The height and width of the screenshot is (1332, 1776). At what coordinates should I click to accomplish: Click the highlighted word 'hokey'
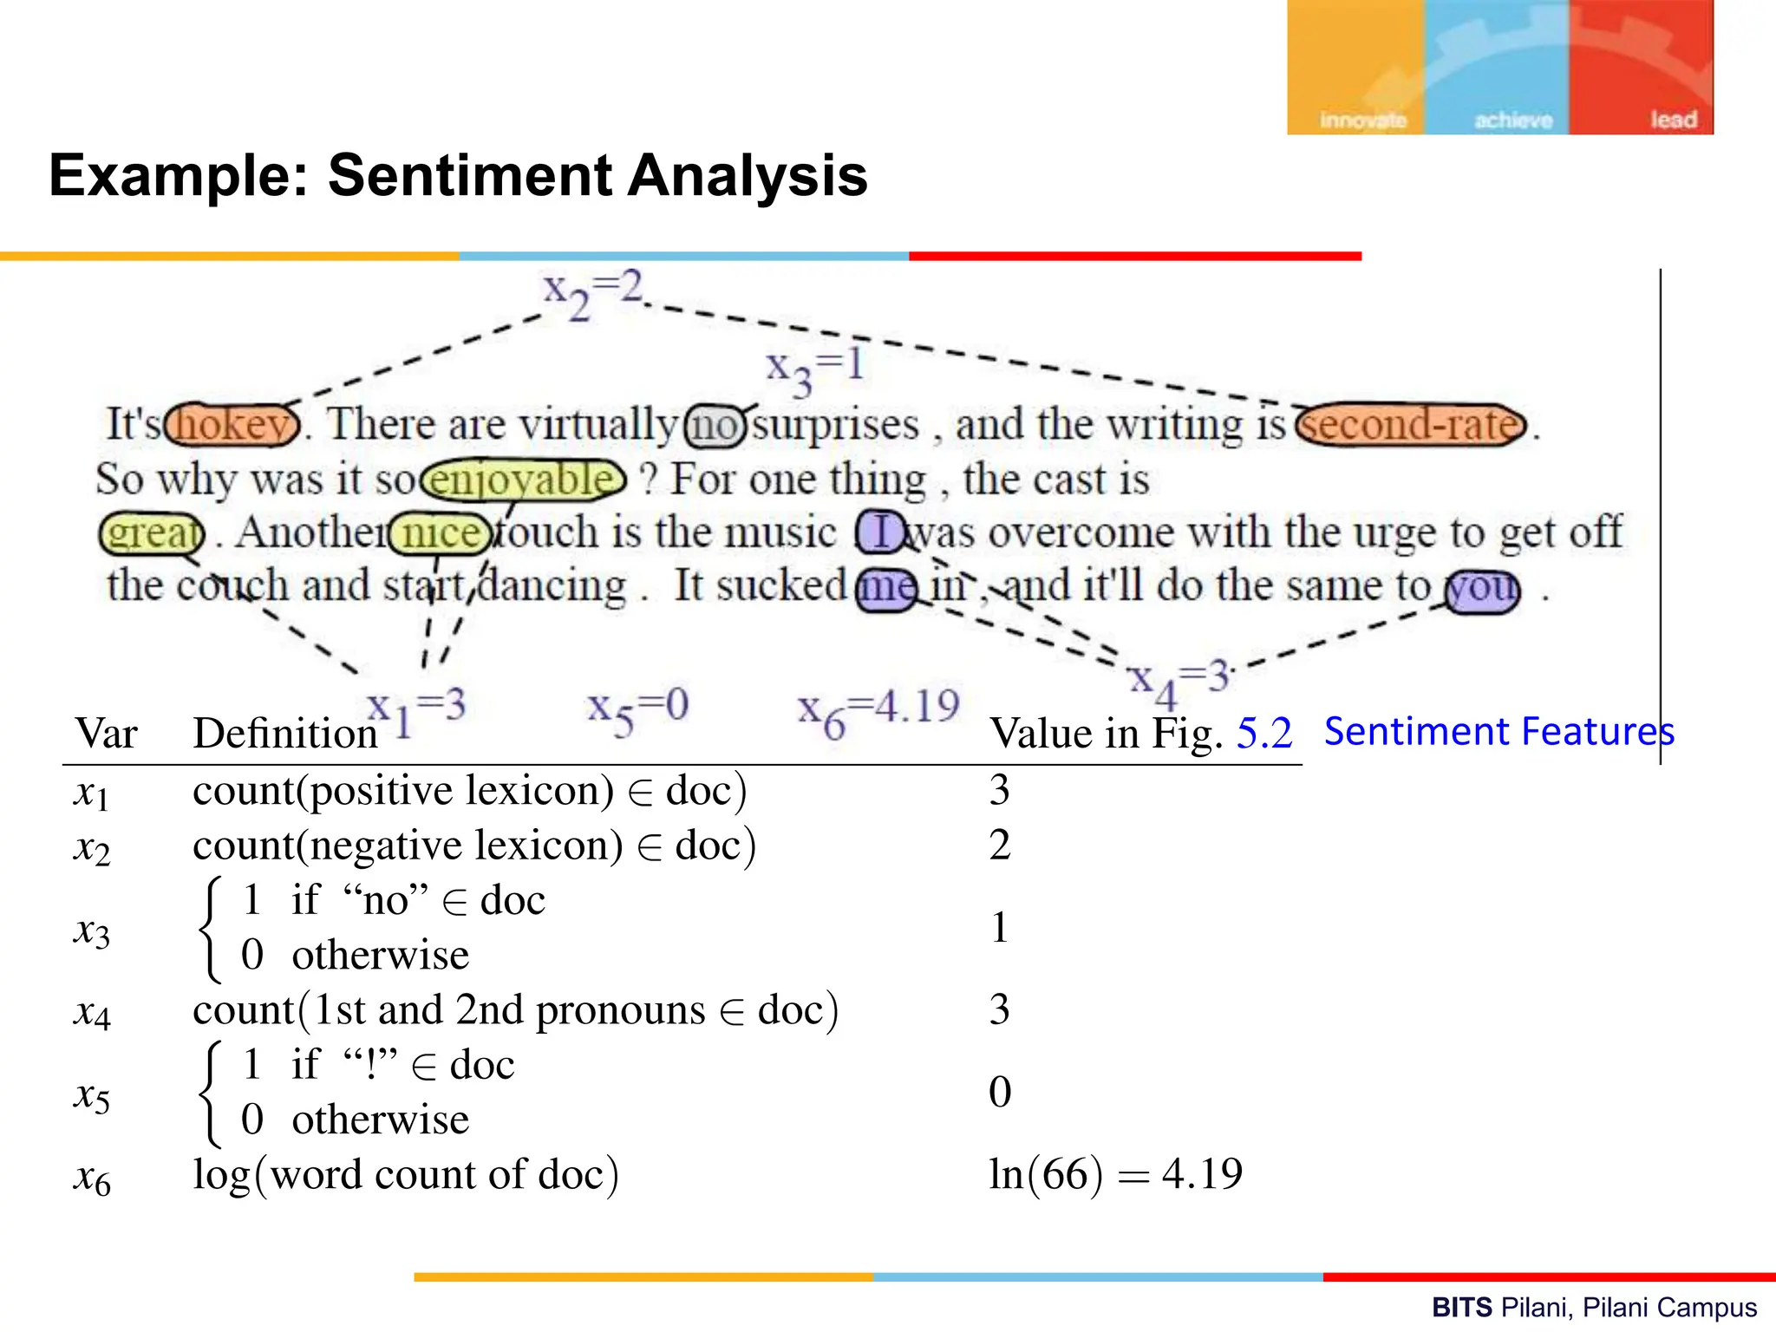tap(232, 425)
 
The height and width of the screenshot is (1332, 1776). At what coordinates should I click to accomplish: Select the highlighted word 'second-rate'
tap(1411, 425)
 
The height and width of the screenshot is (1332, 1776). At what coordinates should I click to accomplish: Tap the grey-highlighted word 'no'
tap(715, 426)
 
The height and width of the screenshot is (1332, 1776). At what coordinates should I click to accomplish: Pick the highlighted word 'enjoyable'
tap(523, 480)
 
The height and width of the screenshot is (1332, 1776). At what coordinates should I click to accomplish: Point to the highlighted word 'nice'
tap(441, 532)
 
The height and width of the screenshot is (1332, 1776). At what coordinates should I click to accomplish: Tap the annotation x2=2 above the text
tap(593, 293)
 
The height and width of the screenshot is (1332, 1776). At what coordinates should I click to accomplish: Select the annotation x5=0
tap(637, 711)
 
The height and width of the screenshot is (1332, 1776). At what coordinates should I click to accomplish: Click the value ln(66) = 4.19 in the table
tap(1115, 1174)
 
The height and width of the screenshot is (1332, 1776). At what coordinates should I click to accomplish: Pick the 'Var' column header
tap(106, 734)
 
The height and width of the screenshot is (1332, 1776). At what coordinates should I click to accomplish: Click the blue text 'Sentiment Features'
tap(1498, 731)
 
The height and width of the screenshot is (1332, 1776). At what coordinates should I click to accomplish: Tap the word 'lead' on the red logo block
tap(1672, 120)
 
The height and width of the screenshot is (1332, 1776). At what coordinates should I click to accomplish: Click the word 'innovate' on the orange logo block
tap(1362, 120)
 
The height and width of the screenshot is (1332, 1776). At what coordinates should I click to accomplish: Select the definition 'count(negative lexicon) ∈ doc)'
tap(474, 845)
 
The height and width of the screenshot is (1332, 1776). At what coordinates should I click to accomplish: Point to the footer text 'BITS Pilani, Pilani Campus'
tap(1594, 1307)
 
